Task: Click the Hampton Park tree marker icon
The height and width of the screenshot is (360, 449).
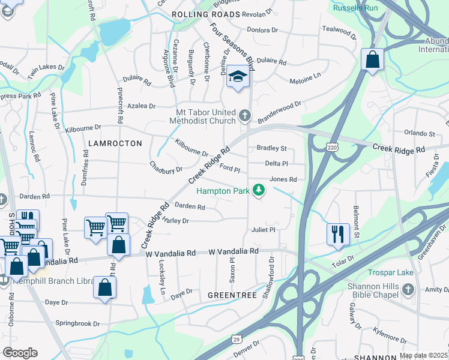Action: [259, 191]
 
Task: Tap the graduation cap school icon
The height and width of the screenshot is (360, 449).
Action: [238, 77]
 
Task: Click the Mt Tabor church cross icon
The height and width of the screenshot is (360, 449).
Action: [244, 114]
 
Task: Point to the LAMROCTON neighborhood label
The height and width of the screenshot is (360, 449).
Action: [115, 143]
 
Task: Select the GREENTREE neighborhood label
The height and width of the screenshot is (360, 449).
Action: [232, 296]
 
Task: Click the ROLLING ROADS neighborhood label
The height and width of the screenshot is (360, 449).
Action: [206, 13]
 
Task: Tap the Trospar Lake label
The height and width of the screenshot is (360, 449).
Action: [391, 272]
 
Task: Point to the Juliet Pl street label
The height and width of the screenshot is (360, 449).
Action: [263, 229]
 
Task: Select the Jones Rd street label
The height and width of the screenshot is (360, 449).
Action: [283, 179]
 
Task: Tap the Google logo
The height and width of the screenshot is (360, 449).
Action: [20, 353]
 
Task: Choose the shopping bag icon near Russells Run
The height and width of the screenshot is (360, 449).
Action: [372, 60]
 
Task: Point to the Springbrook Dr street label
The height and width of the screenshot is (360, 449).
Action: [77, 323]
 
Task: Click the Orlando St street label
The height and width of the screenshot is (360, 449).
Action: [419, 133]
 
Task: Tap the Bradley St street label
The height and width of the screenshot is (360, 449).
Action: [272, 148]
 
